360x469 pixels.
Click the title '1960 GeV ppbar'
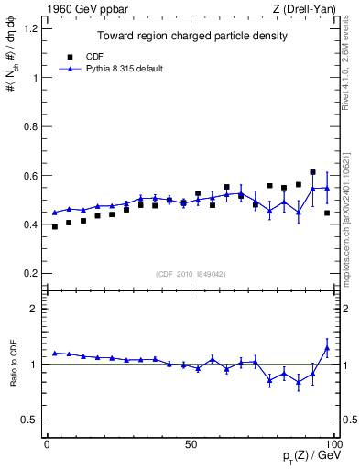pyautogui.click(x=77, y=10)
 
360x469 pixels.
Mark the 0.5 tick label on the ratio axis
pyautogui.click(x=28, y=420)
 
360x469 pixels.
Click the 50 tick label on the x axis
pyautogui.click(x=191, y=443)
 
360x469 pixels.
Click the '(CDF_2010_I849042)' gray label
pyautogui.click(x=191, y=272)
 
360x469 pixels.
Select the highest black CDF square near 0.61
pyautogui.click(x=312, y=172)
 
